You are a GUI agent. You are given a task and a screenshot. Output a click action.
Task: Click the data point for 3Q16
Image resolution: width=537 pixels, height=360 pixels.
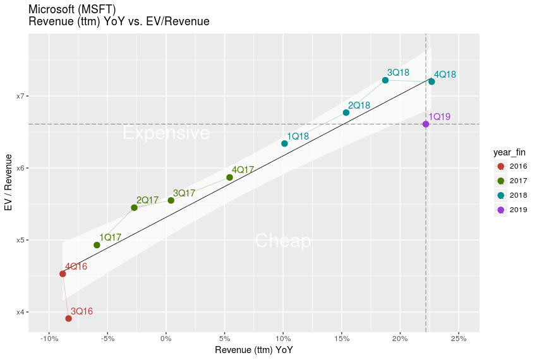pyautogui.click(x=68, y=318)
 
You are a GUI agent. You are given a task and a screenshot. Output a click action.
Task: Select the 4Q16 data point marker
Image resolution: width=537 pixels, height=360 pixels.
pyautogui.click(x=63, y=273)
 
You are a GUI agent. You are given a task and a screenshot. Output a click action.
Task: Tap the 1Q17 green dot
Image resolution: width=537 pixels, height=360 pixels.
pyautogui.click(x=97, y=245)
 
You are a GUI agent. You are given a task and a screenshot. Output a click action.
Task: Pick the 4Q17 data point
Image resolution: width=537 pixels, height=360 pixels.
pyautogui.click(x=229, y=177)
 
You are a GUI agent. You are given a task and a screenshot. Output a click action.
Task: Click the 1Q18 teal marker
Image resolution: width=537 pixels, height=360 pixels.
pyautogui.click(x=284, y=143)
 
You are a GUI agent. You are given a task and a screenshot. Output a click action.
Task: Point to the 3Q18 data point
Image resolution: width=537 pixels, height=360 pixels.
pyautogui.click(x=385, y=80)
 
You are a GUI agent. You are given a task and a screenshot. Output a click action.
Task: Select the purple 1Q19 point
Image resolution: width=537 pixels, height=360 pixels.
pyautogui.click(x=426, y=124)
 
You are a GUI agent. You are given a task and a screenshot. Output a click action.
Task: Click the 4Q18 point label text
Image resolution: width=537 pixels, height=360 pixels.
pyautogui.click(x=445, y=75)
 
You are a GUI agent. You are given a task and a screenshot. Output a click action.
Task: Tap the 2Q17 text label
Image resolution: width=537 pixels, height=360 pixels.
pyautogui.click(x=147, y=200)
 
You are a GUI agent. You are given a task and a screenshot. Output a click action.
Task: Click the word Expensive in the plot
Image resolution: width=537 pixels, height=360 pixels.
pyautogui.click(x=166, y=133)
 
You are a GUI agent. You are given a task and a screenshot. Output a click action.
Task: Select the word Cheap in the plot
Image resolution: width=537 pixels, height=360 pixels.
pyautogui.click(x=282, y=241)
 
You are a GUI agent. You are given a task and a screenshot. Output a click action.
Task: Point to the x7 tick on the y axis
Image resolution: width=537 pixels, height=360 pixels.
pyautogui.click(x=21, y=96)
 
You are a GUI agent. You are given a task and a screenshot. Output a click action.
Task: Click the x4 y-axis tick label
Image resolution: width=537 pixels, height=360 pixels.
pyautogui.click(x=21, y=312)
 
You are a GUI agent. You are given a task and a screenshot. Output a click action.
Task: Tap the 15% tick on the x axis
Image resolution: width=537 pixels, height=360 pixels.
pyautogui.click(x=341, y=339)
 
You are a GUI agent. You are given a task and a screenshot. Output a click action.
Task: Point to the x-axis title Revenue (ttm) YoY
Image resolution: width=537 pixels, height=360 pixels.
pyautogui.click(x=254, y=350)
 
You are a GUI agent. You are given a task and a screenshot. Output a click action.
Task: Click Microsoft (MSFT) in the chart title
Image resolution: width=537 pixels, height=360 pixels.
pyautogui.click(x=73, y=9)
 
